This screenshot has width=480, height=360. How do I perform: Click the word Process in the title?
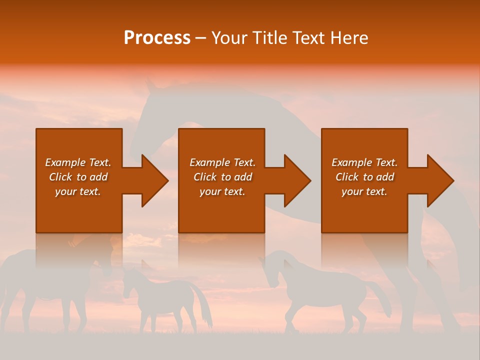pos(157,38)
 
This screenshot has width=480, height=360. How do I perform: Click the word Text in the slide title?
pos(308,38)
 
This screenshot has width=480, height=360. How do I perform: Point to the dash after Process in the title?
pos(201,38)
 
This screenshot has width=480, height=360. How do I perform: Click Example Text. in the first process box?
pos(78,162)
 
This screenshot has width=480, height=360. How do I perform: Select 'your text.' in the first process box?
pos(78,191)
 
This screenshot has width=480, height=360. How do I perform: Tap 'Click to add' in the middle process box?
pos(222,177)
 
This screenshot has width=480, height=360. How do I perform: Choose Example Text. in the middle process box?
pos(222,162)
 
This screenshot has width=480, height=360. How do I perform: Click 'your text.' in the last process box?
pos(364,191)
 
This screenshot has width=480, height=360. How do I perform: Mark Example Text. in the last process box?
pos(364,162)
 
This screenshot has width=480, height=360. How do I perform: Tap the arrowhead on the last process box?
pos(439,180)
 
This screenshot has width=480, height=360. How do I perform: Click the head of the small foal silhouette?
pos(131,280)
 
